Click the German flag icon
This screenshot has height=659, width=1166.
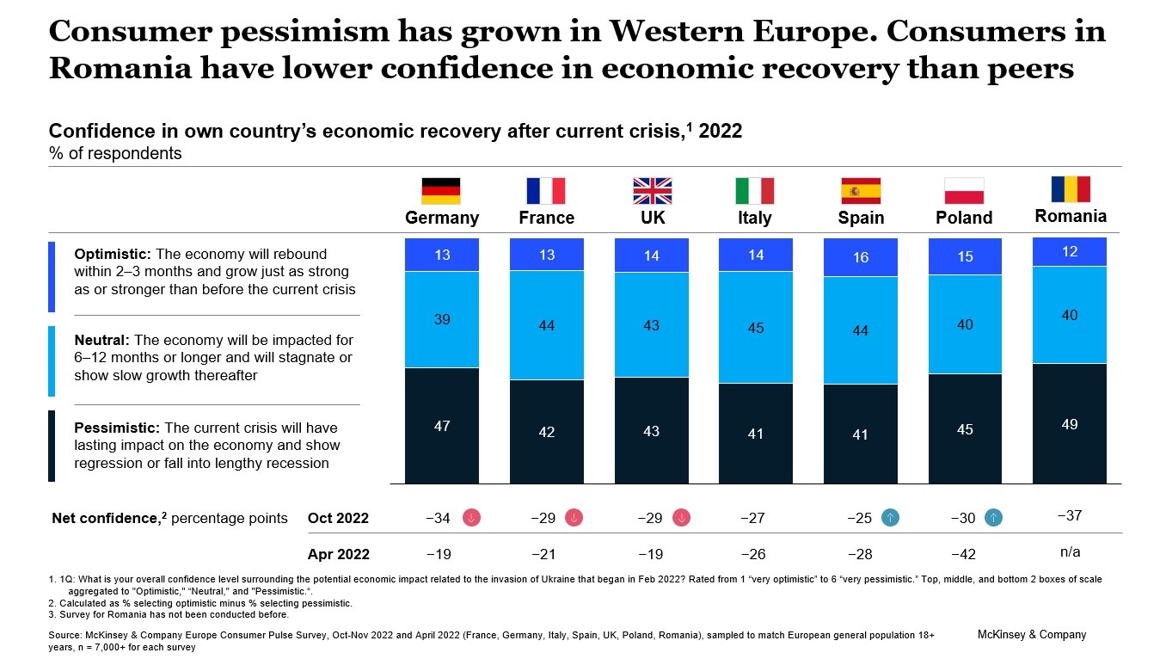point(441,190)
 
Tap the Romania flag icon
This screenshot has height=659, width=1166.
point(1071,189)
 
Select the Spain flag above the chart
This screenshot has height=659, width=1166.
point(861,190)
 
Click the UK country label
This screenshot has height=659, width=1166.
point(653,218)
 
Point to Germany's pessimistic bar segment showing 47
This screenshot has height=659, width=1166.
point(442,426)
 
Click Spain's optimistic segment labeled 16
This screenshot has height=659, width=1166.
point(861,257)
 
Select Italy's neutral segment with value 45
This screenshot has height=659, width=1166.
point(756,328)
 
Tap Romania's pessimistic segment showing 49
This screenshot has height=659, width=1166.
point(1070,424)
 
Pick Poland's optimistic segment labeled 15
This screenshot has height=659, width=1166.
point(965,256)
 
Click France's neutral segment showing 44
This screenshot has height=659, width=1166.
point(547,325)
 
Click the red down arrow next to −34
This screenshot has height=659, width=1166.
point(472,518)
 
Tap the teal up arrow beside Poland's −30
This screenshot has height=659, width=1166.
point(994,518)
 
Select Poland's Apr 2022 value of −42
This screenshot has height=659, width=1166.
point(963,555)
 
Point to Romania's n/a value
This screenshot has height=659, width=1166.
point(1070,551)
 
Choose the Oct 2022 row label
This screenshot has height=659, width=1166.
point(338,518)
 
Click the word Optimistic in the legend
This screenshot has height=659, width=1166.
point(112,255)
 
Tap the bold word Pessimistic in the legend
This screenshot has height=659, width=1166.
point(116,428)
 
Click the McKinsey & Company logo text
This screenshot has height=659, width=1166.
point(1032,635)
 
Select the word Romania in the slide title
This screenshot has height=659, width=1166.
point(120,68)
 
